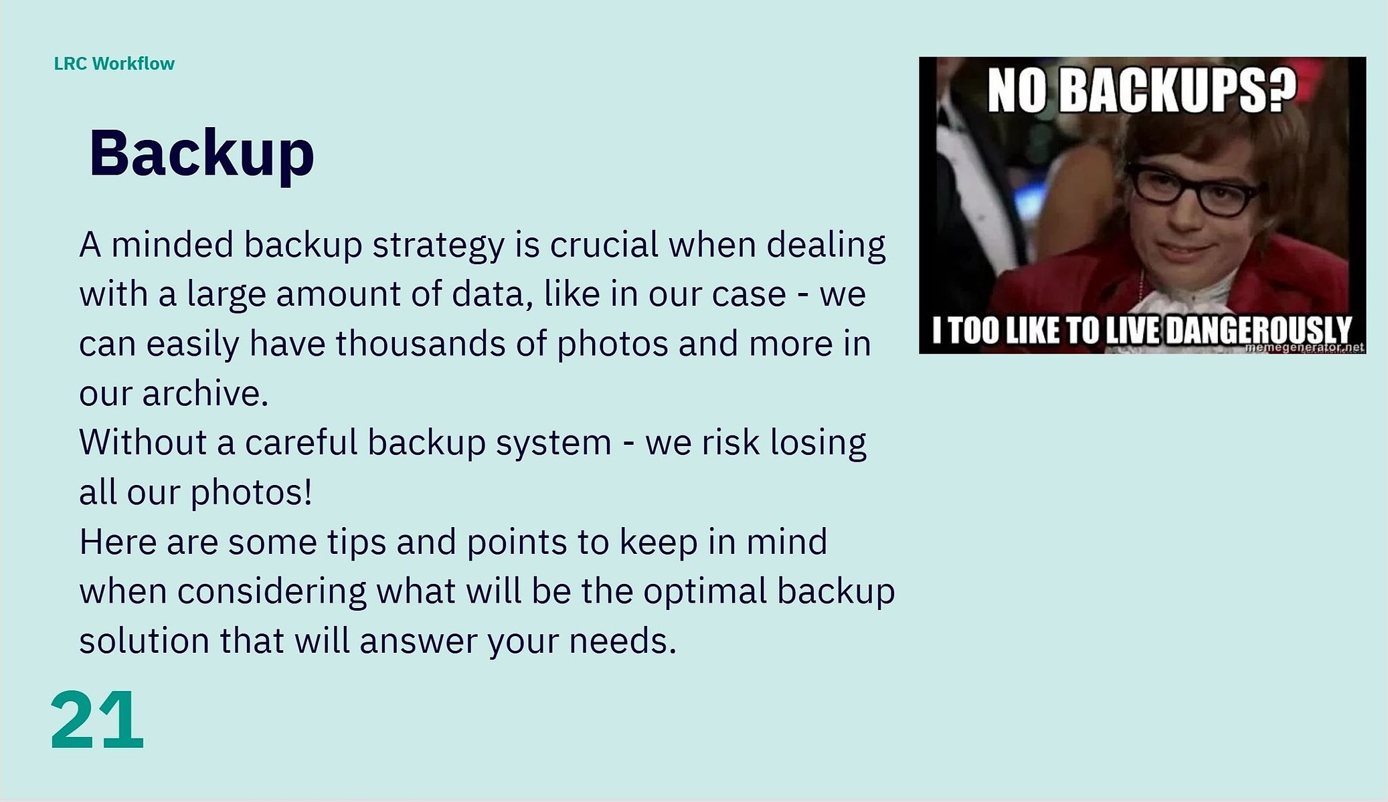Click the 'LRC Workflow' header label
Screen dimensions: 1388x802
[114, 64]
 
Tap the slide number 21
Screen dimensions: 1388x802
[97, 720]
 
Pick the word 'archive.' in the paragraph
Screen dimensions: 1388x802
[205, 393]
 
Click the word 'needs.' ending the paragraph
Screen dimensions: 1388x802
[623, 641]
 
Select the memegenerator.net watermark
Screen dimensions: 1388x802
[1305, 348]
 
